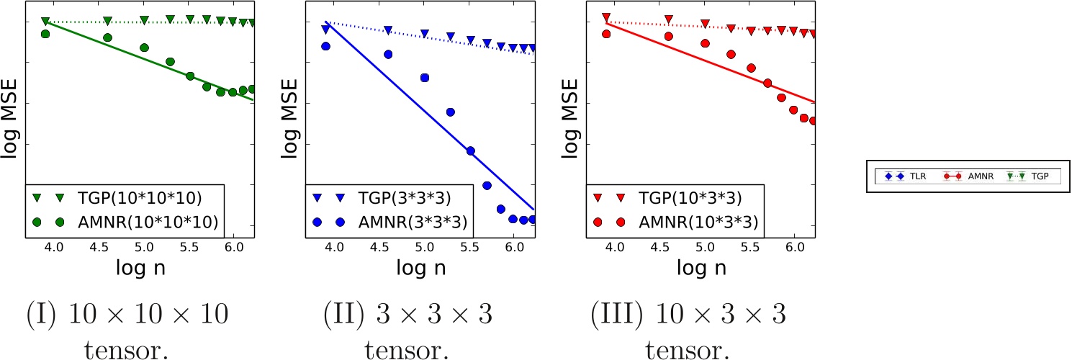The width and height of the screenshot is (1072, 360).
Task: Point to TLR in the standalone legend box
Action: (x=910, y=176)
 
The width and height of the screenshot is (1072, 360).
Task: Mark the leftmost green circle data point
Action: (x=45, y=34)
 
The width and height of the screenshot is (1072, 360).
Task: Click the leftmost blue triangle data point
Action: (x=325, y=30)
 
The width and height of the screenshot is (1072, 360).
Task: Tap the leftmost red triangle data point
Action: (x=606, y=17)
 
